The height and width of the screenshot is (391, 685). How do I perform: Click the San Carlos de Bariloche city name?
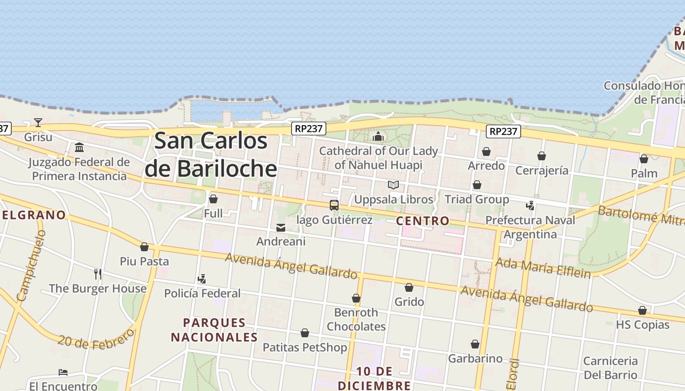pos(211,154)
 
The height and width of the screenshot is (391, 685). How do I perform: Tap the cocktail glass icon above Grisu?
pos(38,122)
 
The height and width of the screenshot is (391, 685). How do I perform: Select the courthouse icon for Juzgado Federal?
pos(79,147)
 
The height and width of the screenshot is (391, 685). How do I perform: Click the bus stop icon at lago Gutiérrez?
pos(334,205)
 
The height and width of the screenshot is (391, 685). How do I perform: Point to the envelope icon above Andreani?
pos(281,227)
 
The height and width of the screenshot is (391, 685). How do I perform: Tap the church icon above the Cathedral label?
pos(378,136)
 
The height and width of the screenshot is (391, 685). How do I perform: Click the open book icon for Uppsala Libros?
pos(393,185)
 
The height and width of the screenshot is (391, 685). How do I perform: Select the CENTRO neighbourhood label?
pos(423,221)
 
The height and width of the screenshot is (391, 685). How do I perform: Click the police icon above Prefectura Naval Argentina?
pos(530,205)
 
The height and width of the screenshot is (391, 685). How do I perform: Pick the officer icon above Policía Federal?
pos(202,279)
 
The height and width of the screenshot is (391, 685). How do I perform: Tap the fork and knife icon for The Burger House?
pos(98,274)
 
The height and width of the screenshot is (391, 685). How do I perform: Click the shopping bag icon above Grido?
pos(409,287)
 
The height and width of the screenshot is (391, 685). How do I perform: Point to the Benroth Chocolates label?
pos(356,319)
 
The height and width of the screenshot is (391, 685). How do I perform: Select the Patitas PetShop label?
pos(305,348)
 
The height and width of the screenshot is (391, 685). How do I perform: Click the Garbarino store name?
pos(475,359)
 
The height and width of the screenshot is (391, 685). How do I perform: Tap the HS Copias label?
pos(642,325)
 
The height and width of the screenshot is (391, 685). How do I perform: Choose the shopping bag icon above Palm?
pos(644,159)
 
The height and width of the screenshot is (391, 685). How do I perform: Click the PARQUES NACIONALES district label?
pos(214,330)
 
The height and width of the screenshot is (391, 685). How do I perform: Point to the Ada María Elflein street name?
pos(543,267)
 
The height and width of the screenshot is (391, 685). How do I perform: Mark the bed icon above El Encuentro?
pos(63,372)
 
